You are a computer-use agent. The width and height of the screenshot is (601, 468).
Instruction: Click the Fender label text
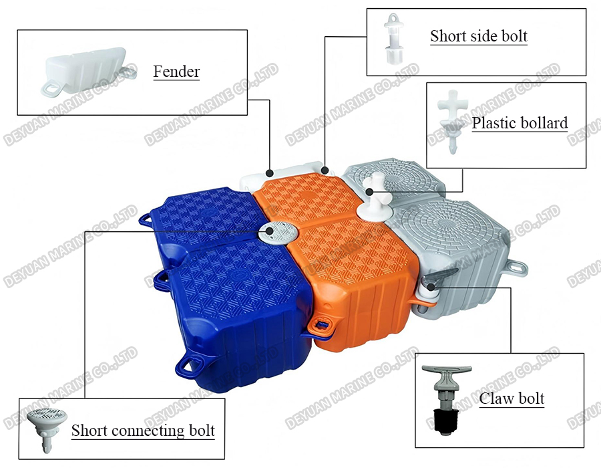pyautogui.click(x=176, y=71)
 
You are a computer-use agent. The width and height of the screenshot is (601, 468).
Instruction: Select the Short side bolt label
pyautogui.click(x=478, y=36)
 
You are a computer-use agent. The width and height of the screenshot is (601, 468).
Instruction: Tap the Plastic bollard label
pyautogui.click(x=520, y=123)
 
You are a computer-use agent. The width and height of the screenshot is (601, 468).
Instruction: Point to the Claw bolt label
pyautogui.click(x=512, y=399)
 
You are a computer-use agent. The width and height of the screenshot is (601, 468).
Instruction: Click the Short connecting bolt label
pyautogui.click(x=143, y=430)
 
